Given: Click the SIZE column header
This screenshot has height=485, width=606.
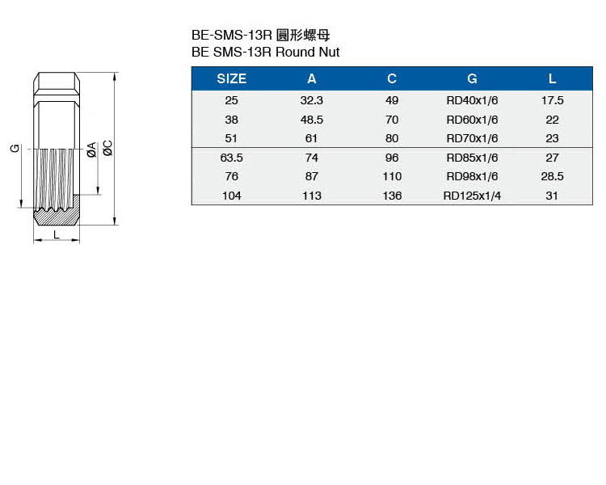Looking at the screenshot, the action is pyautogui.click(x=232, y=79).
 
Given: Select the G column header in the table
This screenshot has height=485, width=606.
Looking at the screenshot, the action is pyautogui.click(x=472, y=79).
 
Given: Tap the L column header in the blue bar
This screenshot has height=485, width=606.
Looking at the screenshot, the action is pyautogui.click(x=553, y=79).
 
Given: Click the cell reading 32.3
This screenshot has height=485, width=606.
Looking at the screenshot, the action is pyautogui.click(x=312, y=100).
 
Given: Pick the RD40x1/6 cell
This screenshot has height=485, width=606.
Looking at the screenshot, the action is pyautogui.click(x=472, y=100).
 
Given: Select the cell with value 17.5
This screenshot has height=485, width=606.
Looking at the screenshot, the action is pyautogui.click(x=553, y=100).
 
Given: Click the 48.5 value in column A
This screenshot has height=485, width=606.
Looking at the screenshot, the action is pyautogui.click(x=312, y=120).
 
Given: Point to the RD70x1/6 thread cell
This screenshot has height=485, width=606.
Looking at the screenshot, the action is pyautogui.click(x=472, y=138).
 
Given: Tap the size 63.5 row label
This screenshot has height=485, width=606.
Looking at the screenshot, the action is pyautogui.click(x=232, y=158).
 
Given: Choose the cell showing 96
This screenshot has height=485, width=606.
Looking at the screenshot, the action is pyautogui.click(x=392, y=158).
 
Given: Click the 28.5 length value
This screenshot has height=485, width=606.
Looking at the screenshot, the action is pyautogui.click(x=553, y=176).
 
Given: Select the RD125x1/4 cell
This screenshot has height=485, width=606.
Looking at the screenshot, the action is pyautogui.click(x=472, y=196).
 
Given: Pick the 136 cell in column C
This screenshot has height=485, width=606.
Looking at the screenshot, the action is pyautogui.click(x=392, y=196).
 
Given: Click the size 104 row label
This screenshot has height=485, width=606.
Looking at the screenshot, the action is pyautogui.click(x=232, y=196).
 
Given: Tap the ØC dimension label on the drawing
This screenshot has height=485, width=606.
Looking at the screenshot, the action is pyautogui.click(x=107, y=148).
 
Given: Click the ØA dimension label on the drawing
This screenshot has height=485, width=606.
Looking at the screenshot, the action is pyautogui.click(x=91, y=150).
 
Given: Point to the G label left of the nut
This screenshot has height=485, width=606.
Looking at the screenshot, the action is pyautogui.click(x=15, y=148).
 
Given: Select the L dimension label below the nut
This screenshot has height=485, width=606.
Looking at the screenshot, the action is pyautogui.click(x=57, y=234).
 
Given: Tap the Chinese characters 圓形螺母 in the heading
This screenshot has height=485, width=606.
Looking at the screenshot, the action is pyautogui.click(x=303, y=36).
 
